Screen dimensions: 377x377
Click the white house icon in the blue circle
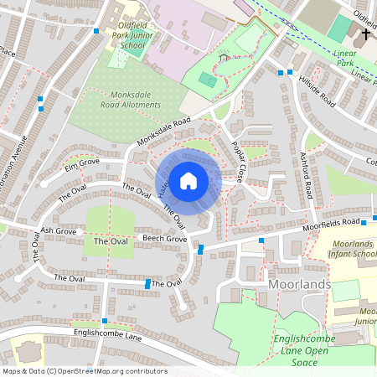pyautogui.click(x=188, y=180)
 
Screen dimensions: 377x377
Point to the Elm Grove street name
pyautogui.click(x=81, y=160)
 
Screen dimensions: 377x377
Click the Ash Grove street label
pyautogui.click(x=58, y=230)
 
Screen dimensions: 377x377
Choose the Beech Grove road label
pyautogui.click(x=141, y=239)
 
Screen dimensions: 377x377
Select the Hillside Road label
pyautogui.click(x=318, y=92)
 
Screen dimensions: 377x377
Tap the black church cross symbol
pyautogui.click(x=365, y=35)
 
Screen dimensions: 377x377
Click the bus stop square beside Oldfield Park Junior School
pyautogui.click(x=97, y=30)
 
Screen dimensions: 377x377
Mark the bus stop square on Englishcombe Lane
pyautogui.click(x=104, y=320)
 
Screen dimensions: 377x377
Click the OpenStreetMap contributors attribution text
pyautogui.click(x=84, y=371)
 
